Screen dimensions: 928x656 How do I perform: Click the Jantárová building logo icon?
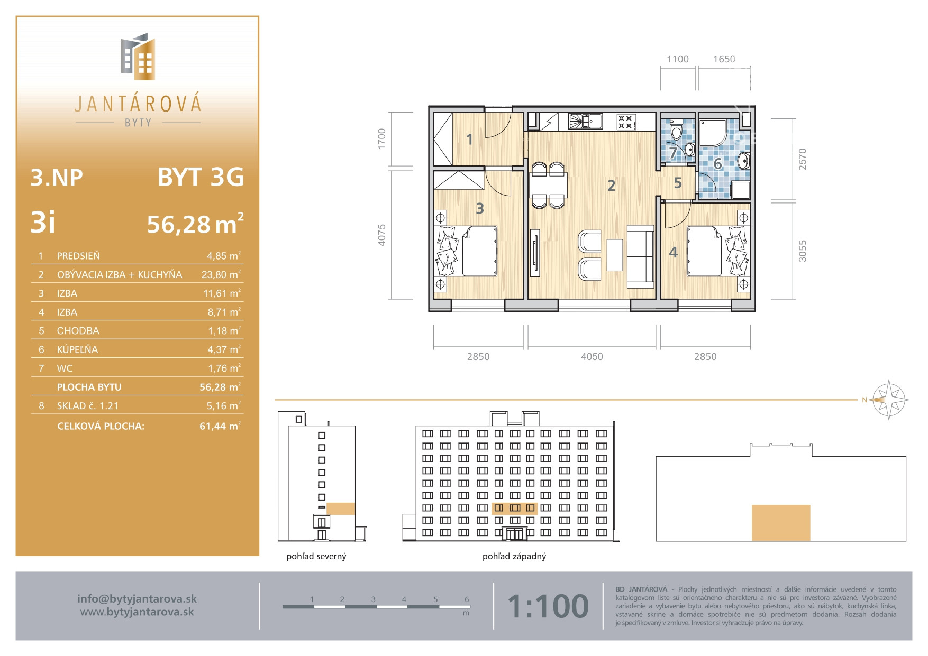point(138,57)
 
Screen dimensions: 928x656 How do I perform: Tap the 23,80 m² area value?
point(221,274)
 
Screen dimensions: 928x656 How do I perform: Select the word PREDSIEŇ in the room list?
point(78,256)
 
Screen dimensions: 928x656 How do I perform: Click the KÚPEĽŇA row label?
point(77,349)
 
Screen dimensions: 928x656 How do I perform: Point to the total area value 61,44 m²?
point(220,426)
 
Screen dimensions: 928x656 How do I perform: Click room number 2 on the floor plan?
point(612,186)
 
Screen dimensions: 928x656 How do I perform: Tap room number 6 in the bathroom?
point(718,164)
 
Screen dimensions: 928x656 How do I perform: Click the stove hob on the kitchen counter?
point(625,122)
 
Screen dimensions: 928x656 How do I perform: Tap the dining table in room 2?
point(548,185)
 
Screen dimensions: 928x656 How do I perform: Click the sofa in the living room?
point(641,256)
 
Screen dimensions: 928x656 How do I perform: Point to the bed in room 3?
point(467,251)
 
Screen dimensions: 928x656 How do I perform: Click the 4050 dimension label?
point(592,356)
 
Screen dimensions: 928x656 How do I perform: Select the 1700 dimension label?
point(382,139)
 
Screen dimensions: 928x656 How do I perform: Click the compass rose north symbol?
point(889,400)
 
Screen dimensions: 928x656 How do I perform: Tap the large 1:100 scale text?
point(548,606)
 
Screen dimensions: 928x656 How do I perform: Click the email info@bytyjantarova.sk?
point(137,599)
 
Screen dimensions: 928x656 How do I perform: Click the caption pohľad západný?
point(514,556)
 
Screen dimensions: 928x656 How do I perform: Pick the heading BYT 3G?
point(201,177)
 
